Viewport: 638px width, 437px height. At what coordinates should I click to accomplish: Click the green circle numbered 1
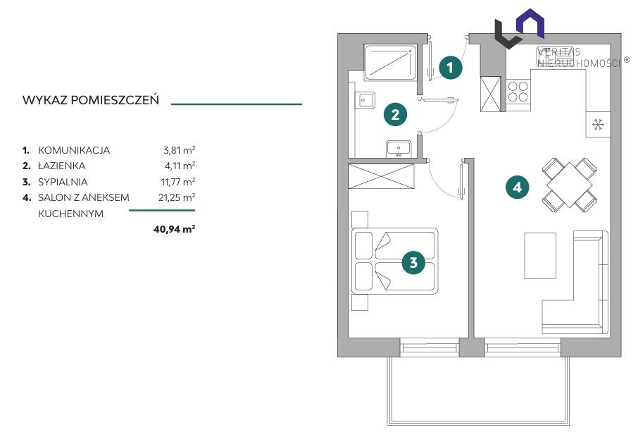(x=450, y=67)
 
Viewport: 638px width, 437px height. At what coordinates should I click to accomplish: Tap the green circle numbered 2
(x=395, y=114)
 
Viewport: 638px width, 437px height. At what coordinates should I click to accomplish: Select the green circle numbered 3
(x=413, y=262)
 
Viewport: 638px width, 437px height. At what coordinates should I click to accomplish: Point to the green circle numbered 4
(x=517, y=187)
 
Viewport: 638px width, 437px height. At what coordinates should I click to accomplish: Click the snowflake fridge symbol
(x=598, y=125)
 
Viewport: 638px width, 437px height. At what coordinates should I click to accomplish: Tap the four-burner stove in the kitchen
(x=518, y=91)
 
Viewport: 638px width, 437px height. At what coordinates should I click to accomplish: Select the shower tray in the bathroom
(x=390, y=62)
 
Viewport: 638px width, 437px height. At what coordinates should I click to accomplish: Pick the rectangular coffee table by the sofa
(x=540, y=256)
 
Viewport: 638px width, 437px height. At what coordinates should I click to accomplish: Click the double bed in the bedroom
(x=394, y=261)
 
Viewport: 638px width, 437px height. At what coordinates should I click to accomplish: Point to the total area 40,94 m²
(x=174, y=229)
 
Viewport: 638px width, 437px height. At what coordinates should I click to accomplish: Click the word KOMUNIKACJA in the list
(x=74, y=150)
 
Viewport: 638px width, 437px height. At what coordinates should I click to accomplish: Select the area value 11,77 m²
(x=178, y=182)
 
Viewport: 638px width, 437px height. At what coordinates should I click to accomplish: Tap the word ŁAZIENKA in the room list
(x=61, y=166)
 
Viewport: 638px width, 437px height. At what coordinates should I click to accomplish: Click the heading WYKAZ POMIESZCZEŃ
(x=91, y=100)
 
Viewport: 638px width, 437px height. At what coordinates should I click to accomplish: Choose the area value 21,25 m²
(x=177, y=197)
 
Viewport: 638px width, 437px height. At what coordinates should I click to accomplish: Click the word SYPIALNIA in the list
(x=63, y=182)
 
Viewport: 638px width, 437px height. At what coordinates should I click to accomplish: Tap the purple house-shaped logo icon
(x=530, y=23)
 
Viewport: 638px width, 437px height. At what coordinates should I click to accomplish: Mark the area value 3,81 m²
(x=179, y=150)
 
